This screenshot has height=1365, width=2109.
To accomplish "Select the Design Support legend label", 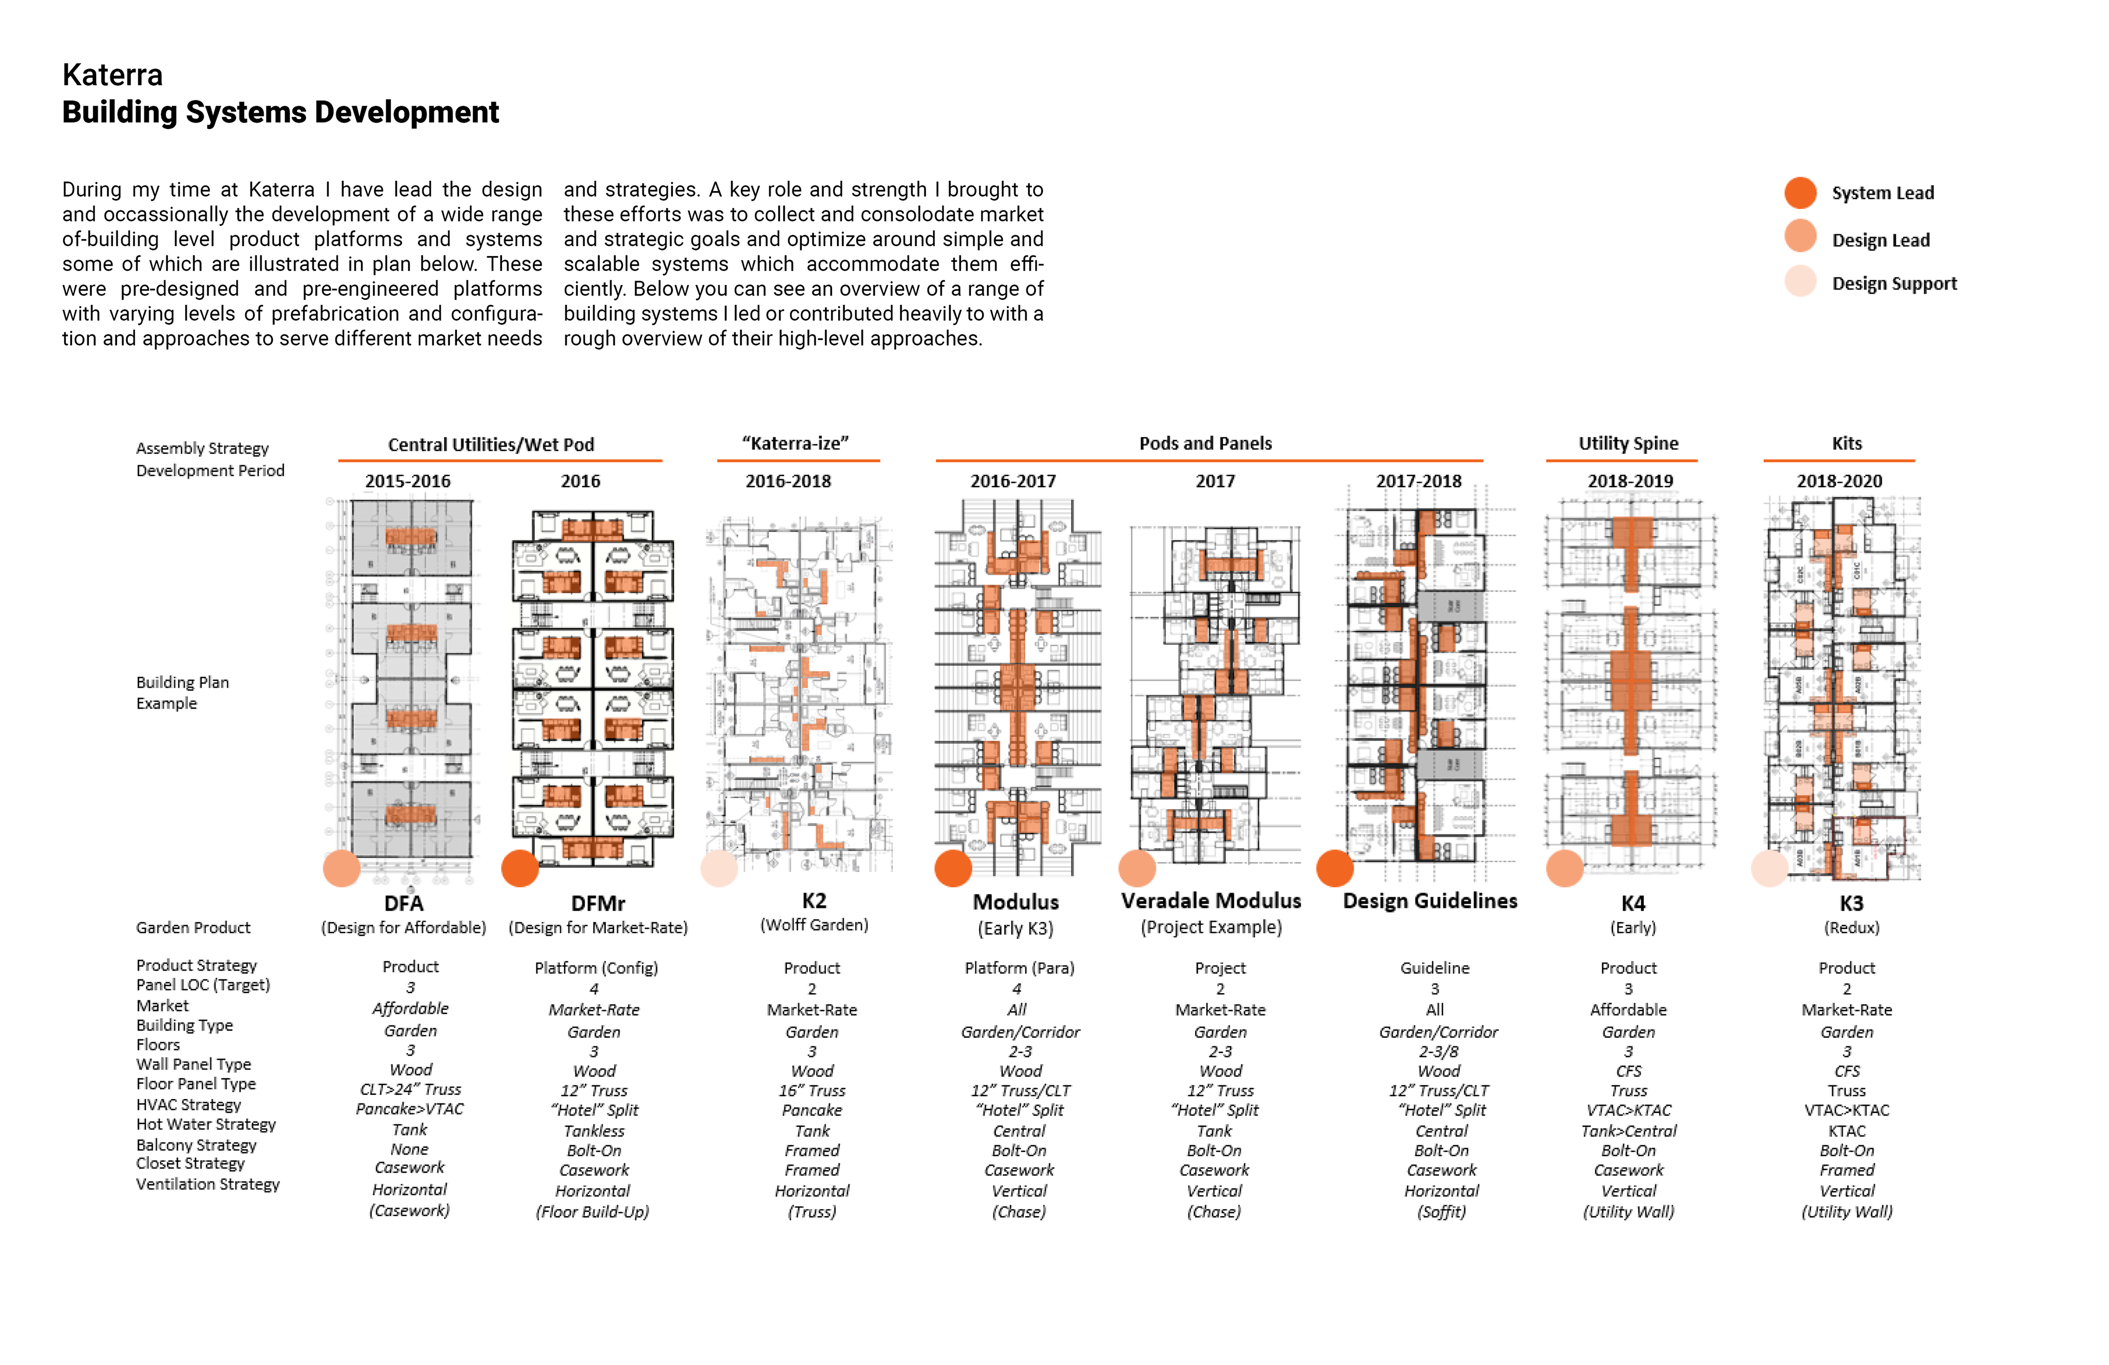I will point(1894,283).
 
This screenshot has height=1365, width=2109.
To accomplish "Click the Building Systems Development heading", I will point(280,113).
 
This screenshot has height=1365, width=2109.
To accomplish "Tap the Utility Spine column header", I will point(1628,443).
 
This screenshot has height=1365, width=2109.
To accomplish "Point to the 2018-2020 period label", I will point(1839,481).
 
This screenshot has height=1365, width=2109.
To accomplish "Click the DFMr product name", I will point(598,903).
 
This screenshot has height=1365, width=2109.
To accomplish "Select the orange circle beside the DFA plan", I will point(341,868).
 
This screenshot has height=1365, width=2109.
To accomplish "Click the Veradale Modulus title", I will point(1210,900).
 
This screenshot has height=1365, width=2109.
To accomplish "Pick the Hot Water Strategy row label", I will point(205,1124).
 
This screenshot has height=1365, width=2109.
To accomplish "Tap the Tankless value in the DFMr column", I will point(594,1131).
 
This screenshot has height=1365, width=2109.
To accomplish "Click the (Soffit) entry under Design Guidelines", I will point(1441,1212).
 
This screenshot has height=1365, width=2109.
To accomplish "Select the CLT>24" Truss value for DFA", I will point(410,1089).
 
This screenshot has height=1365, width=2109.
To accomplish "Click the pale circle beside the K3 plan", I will point(1770,868).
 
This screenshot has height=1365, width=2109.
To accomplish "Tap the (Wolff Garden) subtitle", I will point(813,924).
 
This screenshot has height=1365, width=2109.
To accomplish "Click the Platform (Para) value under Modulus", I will point(1019,968).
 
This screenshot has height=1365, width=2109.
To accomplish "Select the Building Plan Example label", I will point(182,692).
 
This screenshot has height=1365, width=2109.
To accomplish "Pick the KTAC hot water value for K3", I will point(1846,1131).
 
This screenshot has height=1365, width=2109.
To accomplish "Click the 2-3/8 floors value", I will point(1438,1051).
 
